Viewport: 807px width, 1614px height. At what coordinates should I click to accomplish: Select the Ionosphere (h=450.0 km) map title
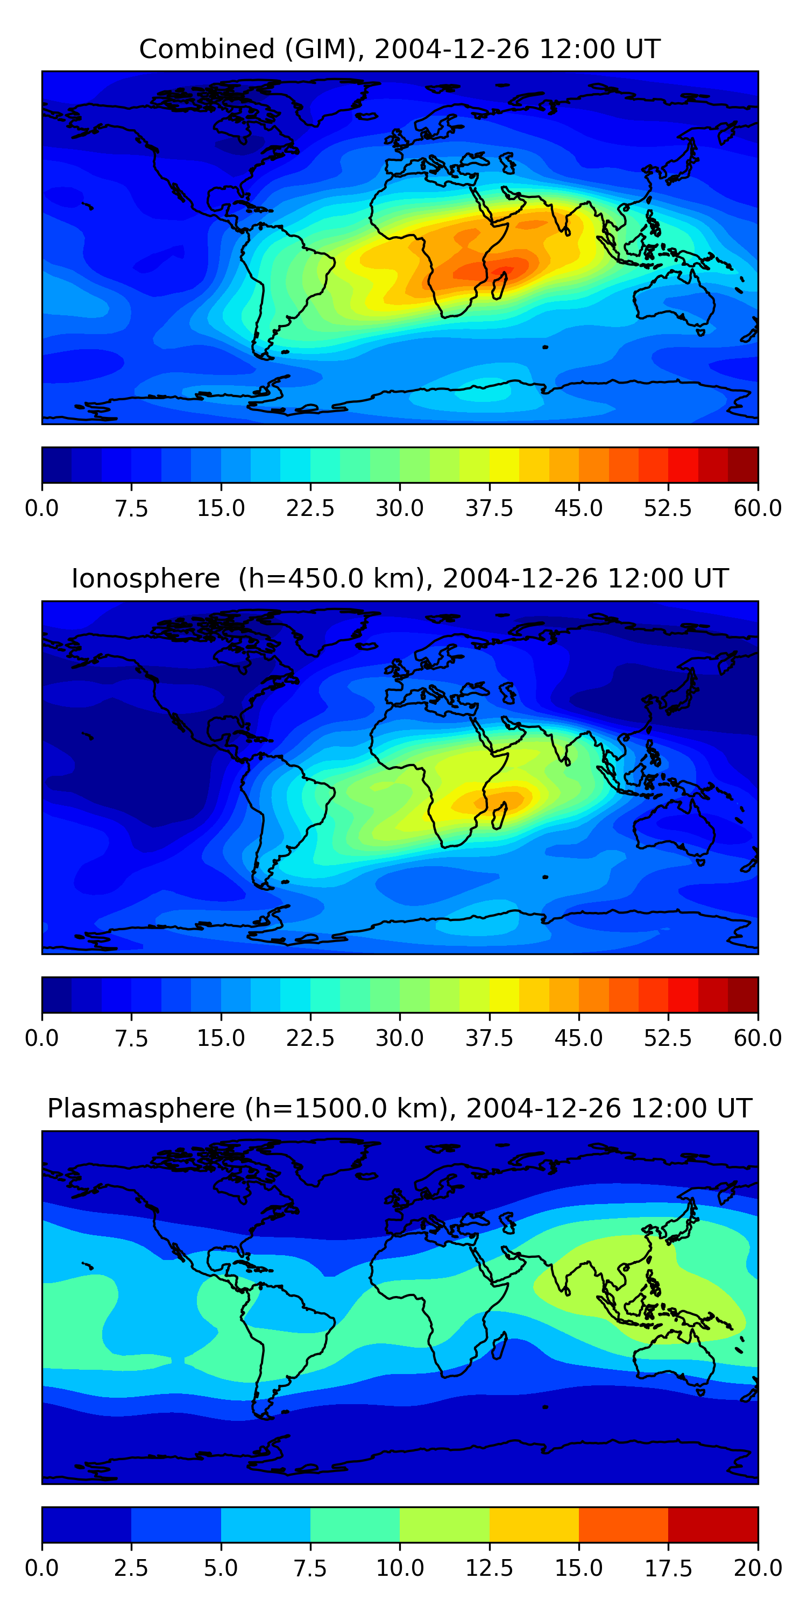(x=400, y=578)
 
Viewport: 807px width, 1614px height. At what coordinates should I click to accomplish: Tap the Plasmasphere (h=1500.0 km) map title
(x=400, y=1108)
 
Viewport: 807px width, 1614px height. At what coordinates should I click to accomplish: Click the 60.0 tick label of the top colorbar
(x=758, y=508)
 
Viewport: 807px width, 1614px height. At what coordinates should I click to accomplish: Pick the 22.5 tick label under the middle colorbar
(x=310, y=1038)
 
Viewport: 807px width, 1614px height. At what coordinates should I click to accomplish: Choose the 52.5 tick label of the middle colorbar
(x=668, y=1038)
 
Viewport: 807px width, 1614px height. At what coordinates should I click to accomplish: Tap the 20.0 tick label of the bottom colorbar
(x=758, y=1568)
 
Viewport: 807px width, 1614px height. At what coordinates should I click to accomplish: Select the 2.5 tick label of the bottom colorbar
(x=131, y=1568)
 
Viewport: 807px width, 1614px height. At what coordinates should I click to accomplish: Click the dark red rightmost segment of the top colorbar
(x=743, y=465)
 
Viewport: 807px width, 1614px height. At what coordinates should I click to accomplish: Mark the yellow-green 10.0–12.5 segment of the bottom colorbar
(x=444, y=1524)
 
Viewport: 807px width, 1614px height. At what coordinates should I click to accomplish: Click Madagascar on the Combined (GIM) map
(x=499, y=286)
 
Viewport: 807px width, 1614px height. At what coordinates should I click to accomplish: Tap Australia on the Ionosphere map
(x=674, y=830)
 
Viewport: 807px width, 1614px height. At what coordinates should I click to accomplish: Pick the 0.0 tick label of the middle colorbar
(x=42, y=1038)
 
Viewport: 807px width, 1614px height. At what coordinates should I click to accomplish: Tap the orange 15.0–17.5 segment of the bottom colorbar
(x=624, y=1524)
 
